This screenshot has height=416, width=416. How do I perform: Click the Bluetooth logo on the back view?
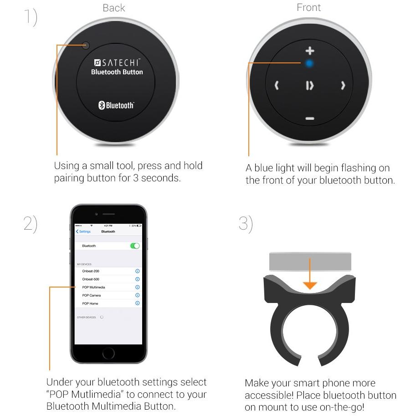coord(116,106)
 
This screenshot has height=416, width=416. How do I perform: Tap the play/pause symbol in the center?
coord(310,85)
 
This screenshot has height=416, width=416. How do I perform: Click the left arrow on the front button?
coord(277,85)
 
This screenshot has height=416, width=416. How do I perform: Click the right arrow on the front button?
coord(343,85)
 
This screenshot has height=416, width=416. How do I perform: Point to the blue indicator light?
coord(310,63)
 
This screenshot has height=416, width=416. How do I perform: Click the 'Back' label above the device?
coord(114,8)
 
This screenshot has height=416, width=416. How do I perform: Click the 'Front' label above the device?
coord(308,8)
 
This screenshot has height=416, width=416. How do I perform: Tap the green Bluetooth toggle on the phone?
coord(135,246)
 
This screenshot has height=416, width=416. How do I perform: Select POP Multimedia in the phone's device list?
coord(94,287)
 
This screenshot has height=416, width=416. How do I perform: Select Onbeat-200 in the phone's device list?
coord(91,271)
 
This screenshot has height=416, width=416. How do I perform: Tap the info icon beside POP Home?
coord(138,303)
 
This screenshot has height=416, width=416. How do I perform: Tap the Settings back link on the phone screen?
coord(84,231)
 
